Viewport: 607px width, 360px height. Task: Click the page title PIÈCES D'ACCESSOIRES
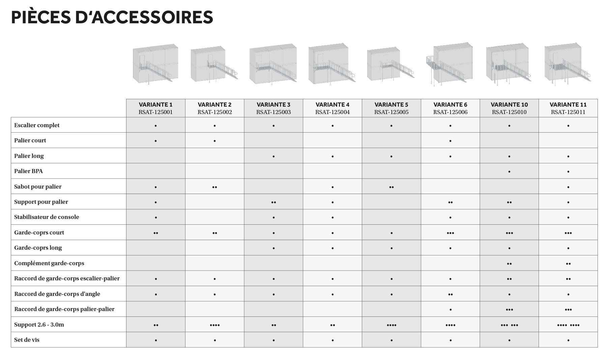112,18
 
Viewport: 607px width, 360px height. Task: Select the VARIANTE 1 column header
155,105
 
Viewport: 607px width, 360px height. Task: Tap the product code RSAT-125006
450,112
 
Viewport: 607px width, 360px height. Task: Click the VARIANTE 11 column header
568,105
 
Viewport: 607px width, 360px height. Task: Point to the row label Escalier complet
37,125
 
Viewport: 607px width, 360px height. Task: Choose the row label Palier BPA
28,171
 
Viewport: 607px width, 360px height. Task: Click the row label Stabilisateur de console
47,217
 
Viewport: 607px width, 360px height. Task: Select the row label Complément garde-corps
49,263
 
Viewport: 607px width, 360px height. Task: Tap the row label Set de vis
27,340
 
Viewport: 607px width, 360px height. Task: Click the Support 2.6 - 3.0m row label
39,325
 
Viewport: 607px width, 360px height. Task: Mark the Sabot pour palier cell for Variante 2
214,187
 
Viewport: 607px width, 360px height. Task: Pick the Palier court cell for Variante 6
450,141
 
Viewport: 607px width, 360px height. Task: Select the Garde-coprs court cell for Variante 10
509,233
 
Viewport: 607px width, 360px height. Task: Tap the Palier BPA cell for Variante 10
509,171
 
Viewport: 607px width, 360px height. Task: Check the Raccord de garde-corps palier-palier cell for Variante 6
450,309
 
